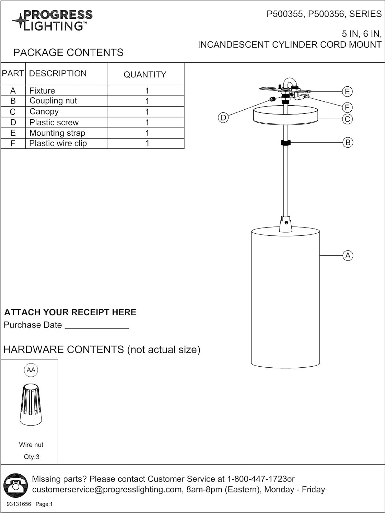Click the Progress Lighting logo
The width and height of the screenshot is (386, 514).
(52, 20)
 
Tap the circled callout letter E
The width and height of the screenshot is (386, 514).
(347, 91)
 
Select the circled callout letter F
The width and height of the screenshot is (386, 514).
(347, 108)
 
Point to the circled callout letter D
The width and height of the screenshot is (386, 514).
(223, 118)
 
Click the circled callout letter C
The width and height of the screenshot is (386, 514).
(347, 119)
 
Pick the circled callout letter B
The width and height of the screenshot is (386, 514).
(348, 143)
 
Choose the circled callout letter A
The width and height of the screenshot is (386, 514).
(348, 256)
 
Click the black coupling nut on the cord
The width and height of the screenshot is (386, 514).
(285, 143)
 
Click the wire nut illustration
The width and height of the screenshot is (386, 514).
(31, 404)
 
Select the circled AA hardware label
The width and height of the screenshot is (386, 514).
(31, 370)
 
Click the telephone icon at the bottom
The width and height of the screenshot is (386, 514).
(15, 485)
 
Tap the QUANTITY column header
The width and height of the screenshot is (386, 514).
(145, 74)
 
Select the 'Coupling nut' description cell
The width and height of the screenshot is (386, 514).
(53, 101)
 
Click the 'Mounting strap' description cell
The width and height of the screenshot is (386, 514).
(57, 133)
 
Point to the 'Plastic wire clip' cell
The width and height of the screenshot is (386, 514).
(58, 143)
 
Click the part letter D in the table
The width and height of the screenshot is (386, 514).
(13, 122)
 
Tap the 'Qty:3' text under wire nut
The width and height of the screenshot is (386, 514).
(32, 457)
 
